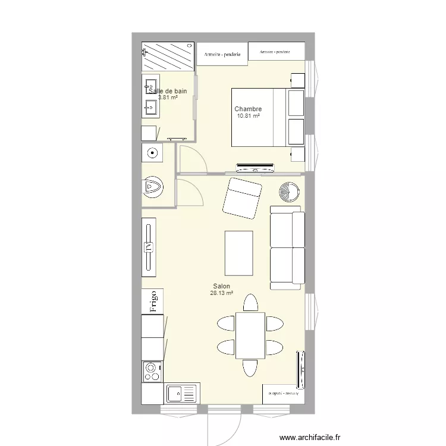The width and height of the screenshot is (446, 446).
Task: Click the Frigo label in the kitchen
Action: click(153, 301)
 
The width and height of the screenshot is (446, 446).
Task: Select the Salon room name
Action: click(221, 287)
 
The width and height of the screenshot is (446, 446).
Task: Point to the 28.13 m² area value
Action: click(221, 293)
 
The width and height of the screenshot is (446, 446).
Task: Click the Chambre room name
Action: click(248, 109)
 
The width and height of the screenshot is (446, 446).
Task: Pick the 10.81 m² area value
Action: click(248, 117)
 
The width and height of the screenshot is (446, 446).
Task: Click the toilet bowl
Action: click(153, 188)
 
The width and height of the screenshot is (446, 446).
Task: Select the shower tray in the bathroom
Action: click(168, 56)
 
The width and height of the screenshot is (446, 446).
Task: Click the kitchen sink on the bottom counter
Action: click(181, 394)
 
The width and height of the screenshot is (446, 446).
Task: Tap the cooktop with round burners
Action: click(152, 372)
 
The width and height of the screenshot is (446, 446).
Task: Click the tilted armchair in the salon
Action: click(242, 197)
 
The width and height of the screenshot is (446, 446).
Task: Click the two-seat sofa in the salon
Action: click(287, 247)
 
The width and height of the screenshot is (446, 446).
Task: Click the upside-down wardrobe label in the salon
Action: click(283, 393)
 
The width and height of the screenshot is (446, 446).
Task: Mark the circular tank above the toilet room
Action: click(153, 153)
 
